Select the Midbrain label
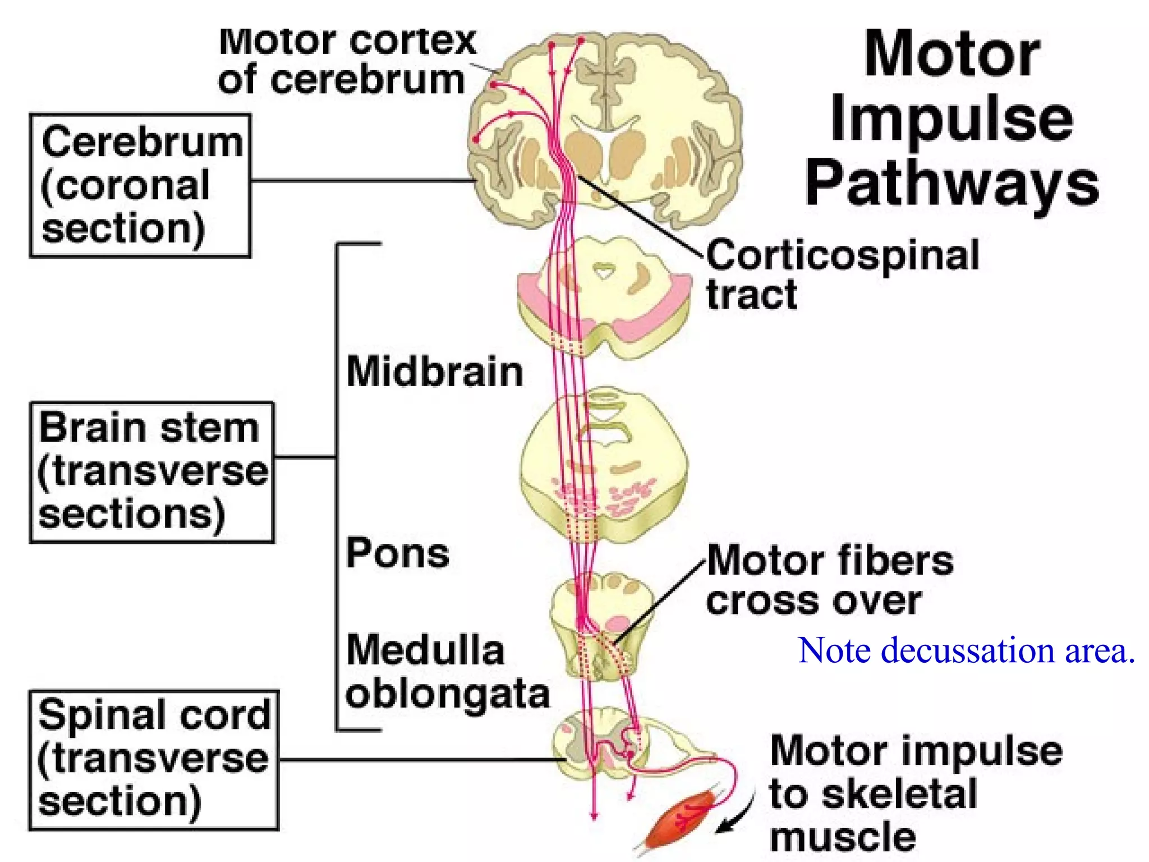point(435,372)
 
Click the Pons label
point(398,553)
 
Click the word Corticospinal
point(842,256)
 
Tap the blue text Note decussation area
point(966,650)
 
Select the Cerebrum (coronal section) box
point(140,186)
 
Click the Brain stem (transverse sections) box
point(151,472)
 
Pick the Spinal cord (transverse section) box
point(153,759)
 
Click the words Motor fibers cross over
point(829,580)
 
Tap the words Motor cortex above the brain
point(347,42)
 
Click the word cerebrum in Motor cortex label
point(368,80)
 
